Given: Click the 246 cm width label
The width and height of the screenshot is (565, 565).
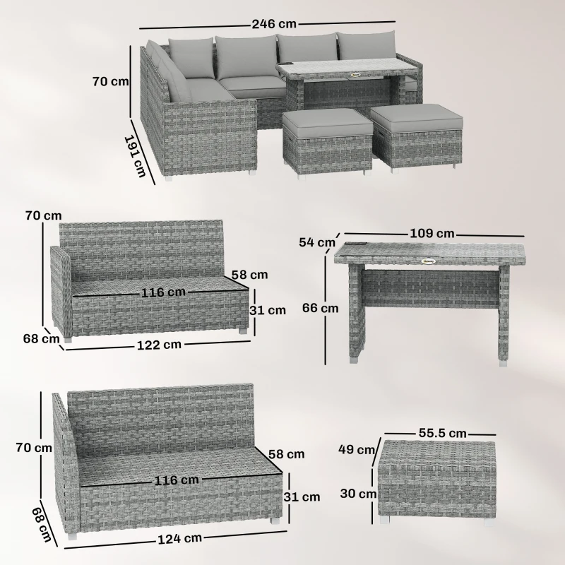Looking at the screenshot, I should click(275, 23).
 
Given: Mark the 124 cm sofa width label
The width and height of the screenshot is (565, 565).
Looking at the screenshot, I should click(179, 538).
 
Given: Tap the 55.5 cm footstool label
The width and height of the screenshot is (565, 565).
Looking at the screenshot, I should click(441, 432).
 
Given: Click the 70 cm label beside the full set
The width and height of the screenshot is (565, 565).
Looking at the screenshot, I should click(110, 81).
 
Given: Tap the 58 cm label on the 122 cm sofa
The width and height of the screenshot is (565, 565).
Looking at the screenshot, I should click(249, 274).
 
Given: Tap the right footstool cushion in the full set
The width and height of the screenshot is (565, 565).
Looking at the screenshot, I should click(417, 114).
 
